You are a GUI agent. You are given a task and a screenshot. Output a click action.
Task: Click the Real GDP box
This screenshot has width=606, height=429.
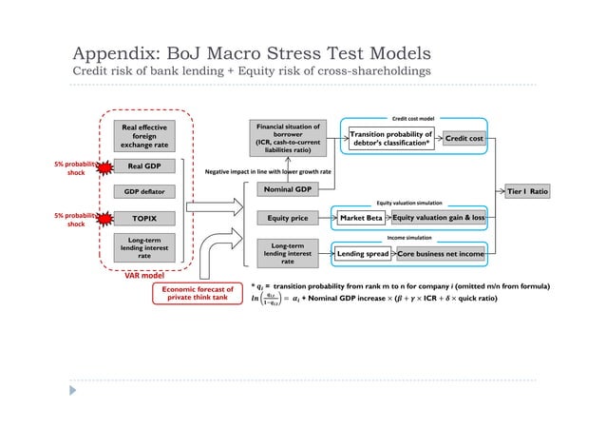point(142,166)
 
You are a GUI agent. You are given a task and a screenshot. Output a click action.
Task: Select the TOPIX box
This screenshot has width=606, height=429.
point(142,217)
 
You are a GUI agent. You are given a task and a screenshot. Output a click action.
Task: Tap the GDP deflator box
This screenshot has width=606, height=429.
point(142,191)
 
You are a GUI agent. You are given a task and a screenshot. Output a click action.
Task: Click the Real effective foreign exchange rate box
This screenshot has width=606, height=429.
point(142,135)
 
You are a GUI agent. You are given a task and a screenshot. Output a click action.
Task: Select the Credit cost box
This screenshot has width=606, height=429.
point(464,139)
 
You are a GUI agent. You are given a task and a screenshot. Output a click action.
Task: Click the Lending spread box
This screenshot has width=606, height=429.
point(363,255)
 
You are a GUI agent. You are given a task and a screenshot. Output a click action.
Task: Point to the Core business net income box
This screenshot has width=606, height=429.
point(441,255)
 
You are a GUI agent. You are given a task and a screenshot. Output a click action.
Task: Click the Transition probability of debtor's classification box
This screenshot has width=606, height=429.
point(391,139)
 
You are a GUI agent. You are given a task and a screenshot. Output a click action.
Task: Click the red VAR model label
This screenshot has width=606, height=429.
point(146,277)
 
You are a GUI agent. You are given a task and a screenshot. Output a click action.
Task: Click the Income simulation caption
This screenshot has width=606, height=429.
point(411,240)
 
